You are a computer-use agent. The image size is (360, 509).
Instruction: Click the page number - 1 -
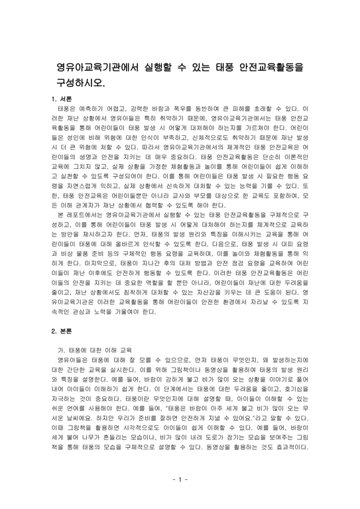click(180, 479)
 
